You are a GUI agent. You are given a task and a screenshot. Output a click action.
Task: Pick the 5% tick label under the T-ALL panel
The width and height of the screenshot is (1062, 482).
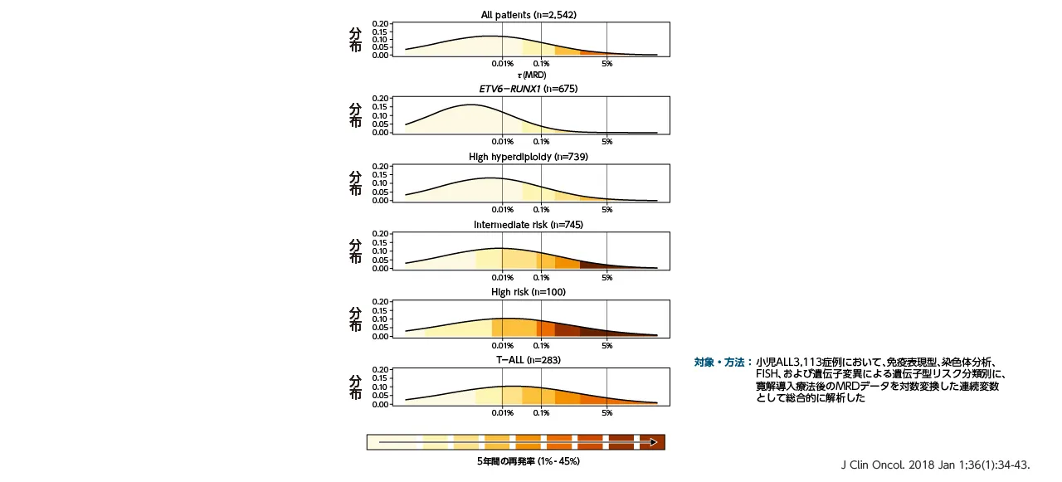[607, 413]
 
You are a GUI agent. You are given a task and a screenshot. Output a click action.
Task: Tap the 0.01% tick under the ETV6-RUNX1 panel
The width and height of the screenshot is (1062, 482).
[502, 141]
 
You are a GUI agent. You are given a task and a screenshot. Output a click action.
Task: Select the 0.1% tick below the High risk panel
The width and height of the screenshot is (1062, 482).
[541, 345]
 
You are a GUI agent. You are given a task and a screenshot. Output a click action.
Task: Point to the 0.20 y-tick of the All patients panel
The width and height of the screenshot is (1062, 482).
[381, 23]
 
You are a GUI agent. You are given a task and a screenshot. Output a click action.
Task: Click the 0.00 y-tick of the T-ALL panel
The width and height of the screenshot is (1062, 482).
[381, 405]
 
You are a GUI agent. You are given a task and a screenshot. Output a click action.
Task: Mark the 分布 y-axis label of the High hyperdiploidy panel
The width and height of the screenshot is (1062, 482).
[355, 183]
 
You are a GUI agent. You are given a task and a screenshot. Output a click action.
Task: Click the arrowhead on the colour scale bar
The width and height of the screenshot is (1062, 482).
[654, 442]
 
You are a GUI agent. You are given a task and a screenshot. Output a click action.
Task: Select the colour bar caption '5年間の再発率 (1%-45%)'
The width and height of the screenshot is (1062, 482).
[528, 461]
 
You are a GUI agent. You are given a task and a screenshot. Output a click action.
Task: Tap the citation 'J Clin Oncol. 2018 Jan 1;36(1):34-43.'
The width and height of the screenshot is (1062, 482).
[935, 465]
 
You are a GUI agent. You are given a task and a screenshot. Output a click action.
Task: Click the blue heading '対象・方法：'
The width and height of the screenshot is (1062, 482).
[723, 362]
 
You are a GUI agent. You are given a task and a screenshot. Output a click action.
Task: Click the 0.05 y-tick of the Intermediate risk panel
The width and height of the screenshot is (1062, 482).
[381, 260]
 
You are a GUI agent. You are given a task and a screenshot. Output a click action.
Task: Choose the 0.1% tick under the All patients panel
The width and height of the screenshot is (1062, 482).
[541, 64]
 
